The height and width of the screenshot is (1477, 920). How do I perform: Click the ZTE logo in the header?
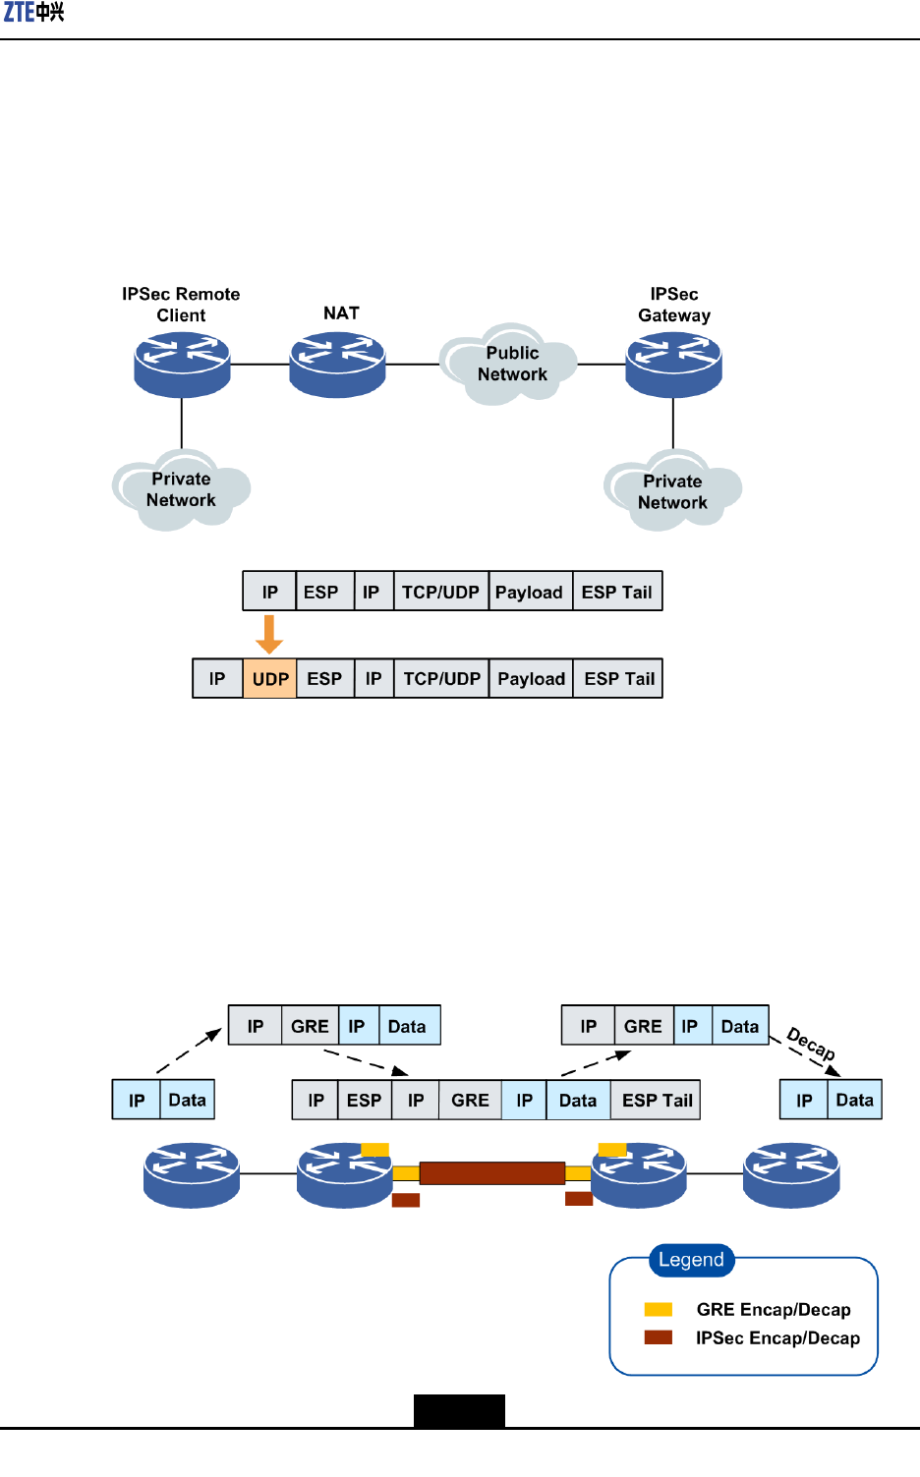(x=33, y=13)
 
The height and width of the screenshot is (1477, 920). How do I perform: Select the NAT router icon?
(x=337, y=365)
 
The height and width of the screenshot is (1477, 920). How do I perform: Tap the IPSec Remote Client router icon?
(x=182, y=365)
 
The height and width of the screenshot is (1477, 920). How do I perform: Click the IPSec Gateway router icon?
(x=673, y=365)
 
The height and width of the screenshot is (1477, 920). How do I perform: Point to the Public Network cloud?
(x=510, y=365)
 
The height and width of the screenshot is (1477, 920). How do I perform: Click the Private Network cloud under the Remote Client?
(x=181, y=489)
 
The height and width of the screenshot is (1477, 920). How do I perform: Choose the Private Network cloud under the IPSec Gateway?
(x=672, y=491)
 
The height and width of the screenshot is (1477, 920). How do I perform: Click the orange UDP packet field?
(x=269, y=679)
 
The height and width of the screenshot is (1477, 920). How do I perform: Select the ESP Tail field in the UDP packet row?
(x=618, y=679)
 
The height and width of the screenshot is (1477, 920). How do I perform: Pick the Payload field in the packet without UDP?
(x=529, y=592)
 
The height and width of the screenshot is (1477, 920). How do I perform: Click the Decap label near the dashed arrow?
(x=811, y=1045)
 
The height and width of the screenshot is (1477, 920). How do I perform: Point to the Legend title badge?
(x=691, y=1260)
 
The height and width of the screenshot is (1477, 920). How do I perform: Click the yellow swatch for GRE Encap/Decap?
(x=658, y=1309)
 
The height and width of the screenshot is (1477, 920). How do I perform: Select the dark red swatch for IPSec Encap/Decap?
(x=658, y=1337)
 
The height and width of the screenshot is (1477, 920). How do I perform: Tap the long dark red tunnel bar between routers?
(x=491, y=1173)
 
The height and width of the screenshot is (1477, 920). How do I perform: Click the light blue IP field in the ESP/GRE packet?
(x=524, y=1101)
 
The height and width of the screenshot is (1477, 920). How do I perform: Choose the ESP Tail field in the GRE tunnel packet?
(x=657, y=1101)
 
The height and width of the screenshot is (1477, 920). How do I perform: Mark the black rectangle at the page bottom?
(x=459, y=1410)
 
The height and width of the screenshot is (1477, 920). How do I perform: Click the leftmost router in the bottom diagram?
(x=192, y=1174)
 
